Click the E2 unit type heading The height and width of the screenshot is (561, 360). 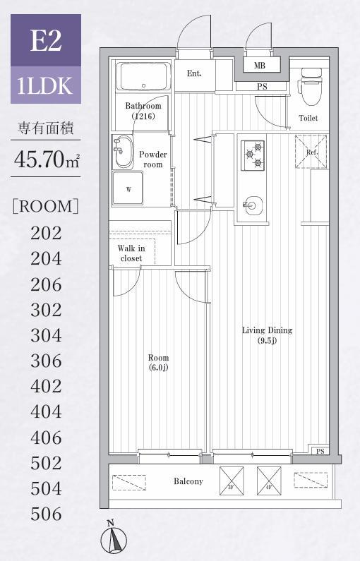click(x=46, y=40)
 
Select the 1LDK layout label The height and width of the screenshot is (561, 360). click(x=46, y=85)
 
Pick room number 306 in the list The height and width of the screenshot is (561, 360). click(x=46, y=361)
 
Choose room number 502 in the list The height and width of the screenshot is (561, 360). click(x=46, y=463)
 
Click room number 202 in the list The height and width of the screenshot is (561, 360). click(x=46, y=233)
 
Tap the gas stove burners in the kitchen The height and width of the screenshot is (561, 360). click(x=252, y=155)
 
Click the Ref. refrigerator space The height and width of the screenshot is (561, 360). click(x=311, y=152)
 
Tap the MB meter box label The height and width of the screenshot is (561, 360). click(x=259, y=66)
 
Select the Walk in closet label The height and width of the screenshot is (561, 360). click(x=131, y=253)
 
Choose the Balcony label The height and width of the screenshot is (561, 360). click(x=188, y=481)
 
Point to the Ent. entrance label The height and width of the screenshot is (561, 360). click(x=194, y=73)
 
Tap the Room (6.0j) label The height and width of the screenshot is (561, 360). click(x=157, y=362)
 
